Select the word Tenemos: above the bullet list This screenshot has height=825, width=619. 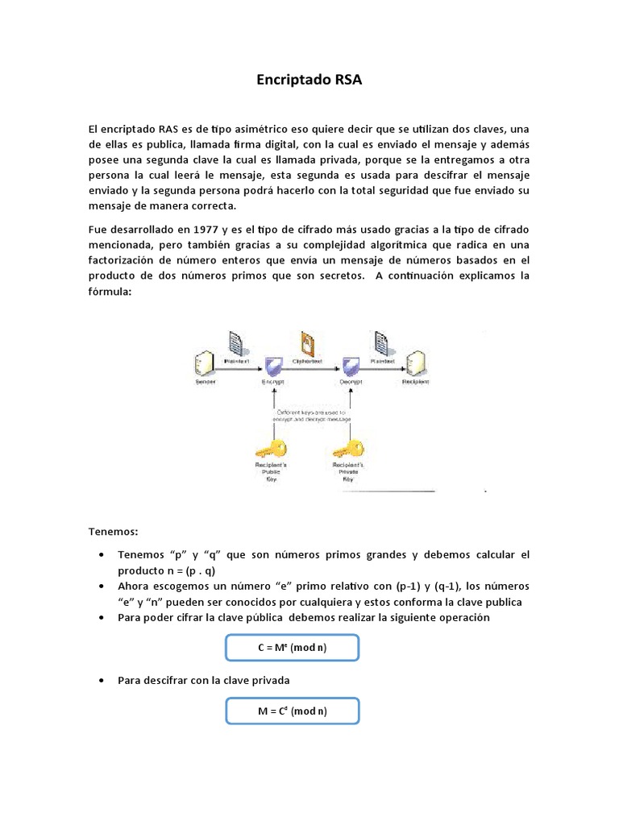[114, 532]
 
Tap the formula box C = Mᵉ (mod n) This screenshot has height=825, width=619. [292, 647]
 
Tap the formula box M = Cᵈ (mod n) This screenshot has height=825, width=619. [292, 711]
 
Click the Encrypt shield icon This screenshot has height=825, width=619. [274, 367]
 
